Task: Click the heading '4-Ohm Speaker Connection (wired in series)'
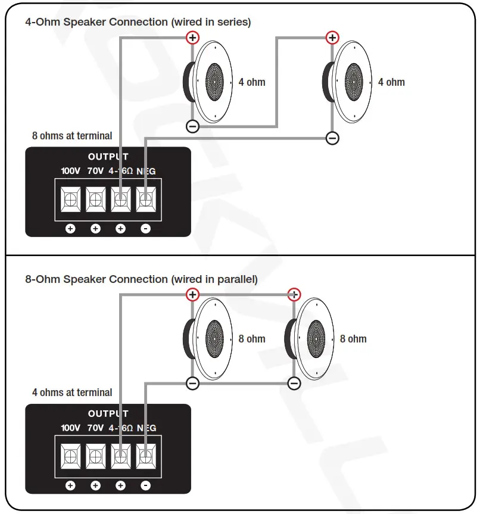coord(138,22)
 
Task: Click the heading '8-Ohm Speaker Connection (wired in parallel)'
coord(141,279)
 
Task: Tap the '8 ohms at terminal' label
coord(72,136)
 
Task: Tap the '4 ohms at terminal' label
coord(72,392)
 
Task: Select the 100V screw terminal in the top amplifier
coord(70,199)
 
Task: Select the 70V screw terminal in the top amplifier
coord(95,199)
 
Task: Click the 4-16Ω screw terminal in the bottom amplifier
coord(120,456)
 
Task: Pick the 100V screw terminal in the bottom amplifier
coord(70,456)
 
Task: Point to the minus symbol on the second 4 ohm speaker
coord(332,139)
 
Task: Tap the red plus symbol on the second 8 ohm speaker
coord(294,294)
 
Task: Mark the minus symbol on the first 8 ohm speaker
coord(192,384)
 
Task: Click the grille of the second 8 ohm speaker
coord(317,338)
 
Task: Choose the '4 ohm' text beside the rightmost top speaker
coord(391,82)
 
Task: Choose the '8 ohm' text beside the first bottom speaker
coord(252,339)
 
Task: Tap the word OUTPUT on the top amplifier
coord(108,157)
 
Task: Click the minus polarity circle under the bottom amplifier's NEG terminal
coord(145,486)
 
